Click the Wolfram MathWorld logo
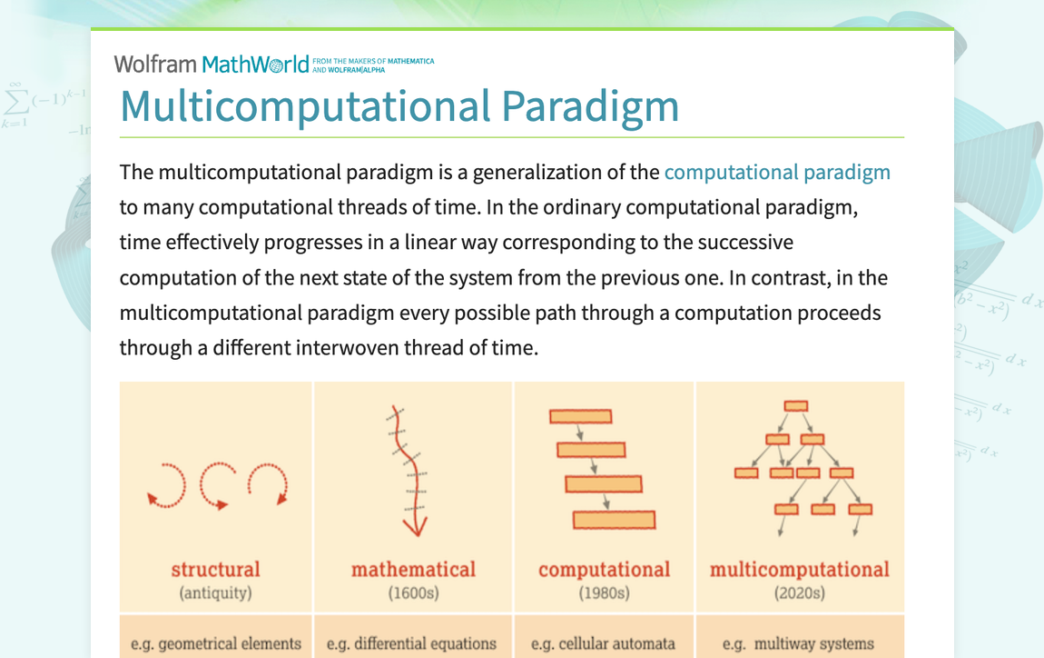point(211,64)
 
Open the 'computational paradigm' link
point(777,172)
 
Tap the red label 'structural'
point(215,569)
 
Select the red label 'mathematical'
point(413,569)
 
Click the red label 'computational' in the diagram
point(604,569)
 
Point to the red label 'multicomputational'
point(799,569)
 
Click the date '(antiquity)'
point(215,593)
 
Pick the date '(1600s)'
point(413,593)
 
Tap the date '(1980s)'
point(604,593)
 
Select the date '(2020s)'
point(799,593)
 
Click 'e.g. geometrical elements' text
point(216,643)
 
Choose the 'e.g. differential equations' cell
point(411,643)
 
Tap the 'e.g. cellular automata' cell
point(604,643)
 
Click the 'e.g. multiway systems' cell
point(798,643)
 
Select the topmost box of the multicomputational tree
point(795,406)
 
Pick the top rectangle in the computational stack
point(580,416)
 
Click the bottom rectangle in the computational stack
point(614,520)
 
